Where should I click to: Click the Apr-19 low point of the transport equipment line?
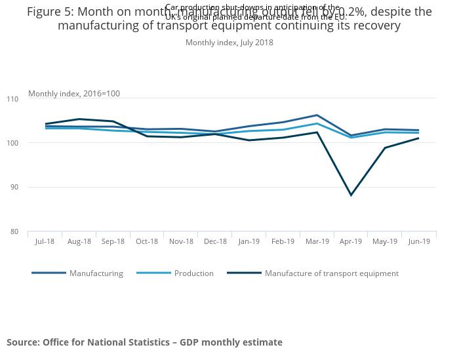[x=351, y=195]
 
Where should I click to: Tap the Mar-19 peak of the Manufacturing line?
[x=317, y=115]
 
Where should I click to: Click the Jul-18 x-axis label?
[x=45, y=241]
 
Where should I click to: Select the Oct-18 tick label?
[x=147, y=241]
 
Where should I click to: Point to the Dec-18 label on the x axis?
[x=215, y=241]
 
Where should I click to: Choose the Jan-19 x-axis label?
[x=249, y=241]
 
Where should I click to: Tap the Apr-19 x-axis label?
[x=351, y=241]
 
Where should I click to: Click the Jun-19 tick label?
[x=419, y=241]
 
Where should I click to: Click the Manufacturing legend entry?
[x=96, y=273]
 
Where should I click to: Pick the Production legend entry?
[x=193, y=273]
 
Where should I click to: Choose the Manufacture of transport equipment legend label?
[x=331, y=273]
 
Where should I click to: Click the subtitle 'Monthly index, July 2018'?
[x=229, y=43]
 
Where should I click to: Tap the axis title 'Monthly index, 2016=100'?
[x=74, y=94]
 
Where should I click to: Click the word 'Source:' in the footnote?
[x=23, y=342]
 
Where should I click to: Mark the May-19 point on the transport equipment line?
[x=385, y=148]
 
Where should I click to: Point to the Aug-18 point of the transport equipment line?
[x=79, y=119]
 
